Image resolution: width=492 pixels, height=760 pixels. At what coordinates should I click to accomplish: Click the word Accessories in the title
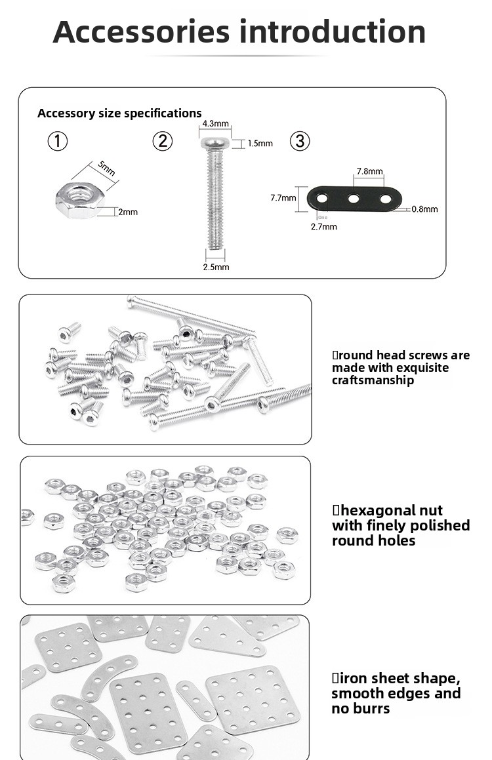(141, 32)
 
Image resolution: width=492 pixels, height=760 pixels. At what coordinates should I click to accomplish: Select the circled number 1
(58, 141)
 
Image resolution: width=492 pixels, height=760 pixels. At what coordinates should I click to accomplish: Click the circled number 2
(162, 141)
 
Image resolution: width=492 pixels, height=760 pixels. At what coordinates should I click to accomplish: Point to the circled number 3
(300, 141)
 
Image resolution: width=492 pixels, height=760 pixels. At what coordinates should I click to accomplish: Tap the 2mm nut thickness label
(128, 212)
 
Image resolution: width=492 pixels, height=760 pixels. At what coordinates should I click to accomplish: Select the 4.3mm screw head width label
(215, 123)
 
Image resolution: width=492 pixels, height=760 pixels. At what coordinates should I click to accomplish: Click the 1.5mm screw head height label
(260, 144)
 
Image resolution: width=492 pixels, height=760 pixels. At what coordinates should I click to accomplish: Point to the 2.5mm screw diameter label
(216, 267)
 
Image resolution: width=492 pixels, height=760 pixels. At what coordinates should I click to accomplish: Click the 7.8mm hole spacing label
(369, 171)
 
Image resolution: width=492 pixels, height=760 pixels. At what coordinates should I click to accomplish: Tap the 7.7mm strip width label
(283, 197)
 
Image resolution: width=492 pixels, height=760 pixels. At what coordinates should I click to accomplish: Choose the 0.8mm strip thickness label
(424, 210)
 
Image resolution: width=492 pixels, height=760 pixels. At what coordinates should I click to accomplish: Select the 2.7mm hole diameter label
(323, 227)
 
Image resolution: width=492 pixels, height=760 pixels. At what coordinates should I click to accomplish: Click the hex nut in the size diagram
(76, 200)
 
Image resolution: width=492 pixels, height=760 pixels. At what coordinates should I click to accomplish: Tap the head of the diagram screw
(215, 143)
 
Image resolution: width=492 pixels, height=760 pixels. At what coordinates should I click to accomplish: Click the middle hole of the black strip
(354, 198)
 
